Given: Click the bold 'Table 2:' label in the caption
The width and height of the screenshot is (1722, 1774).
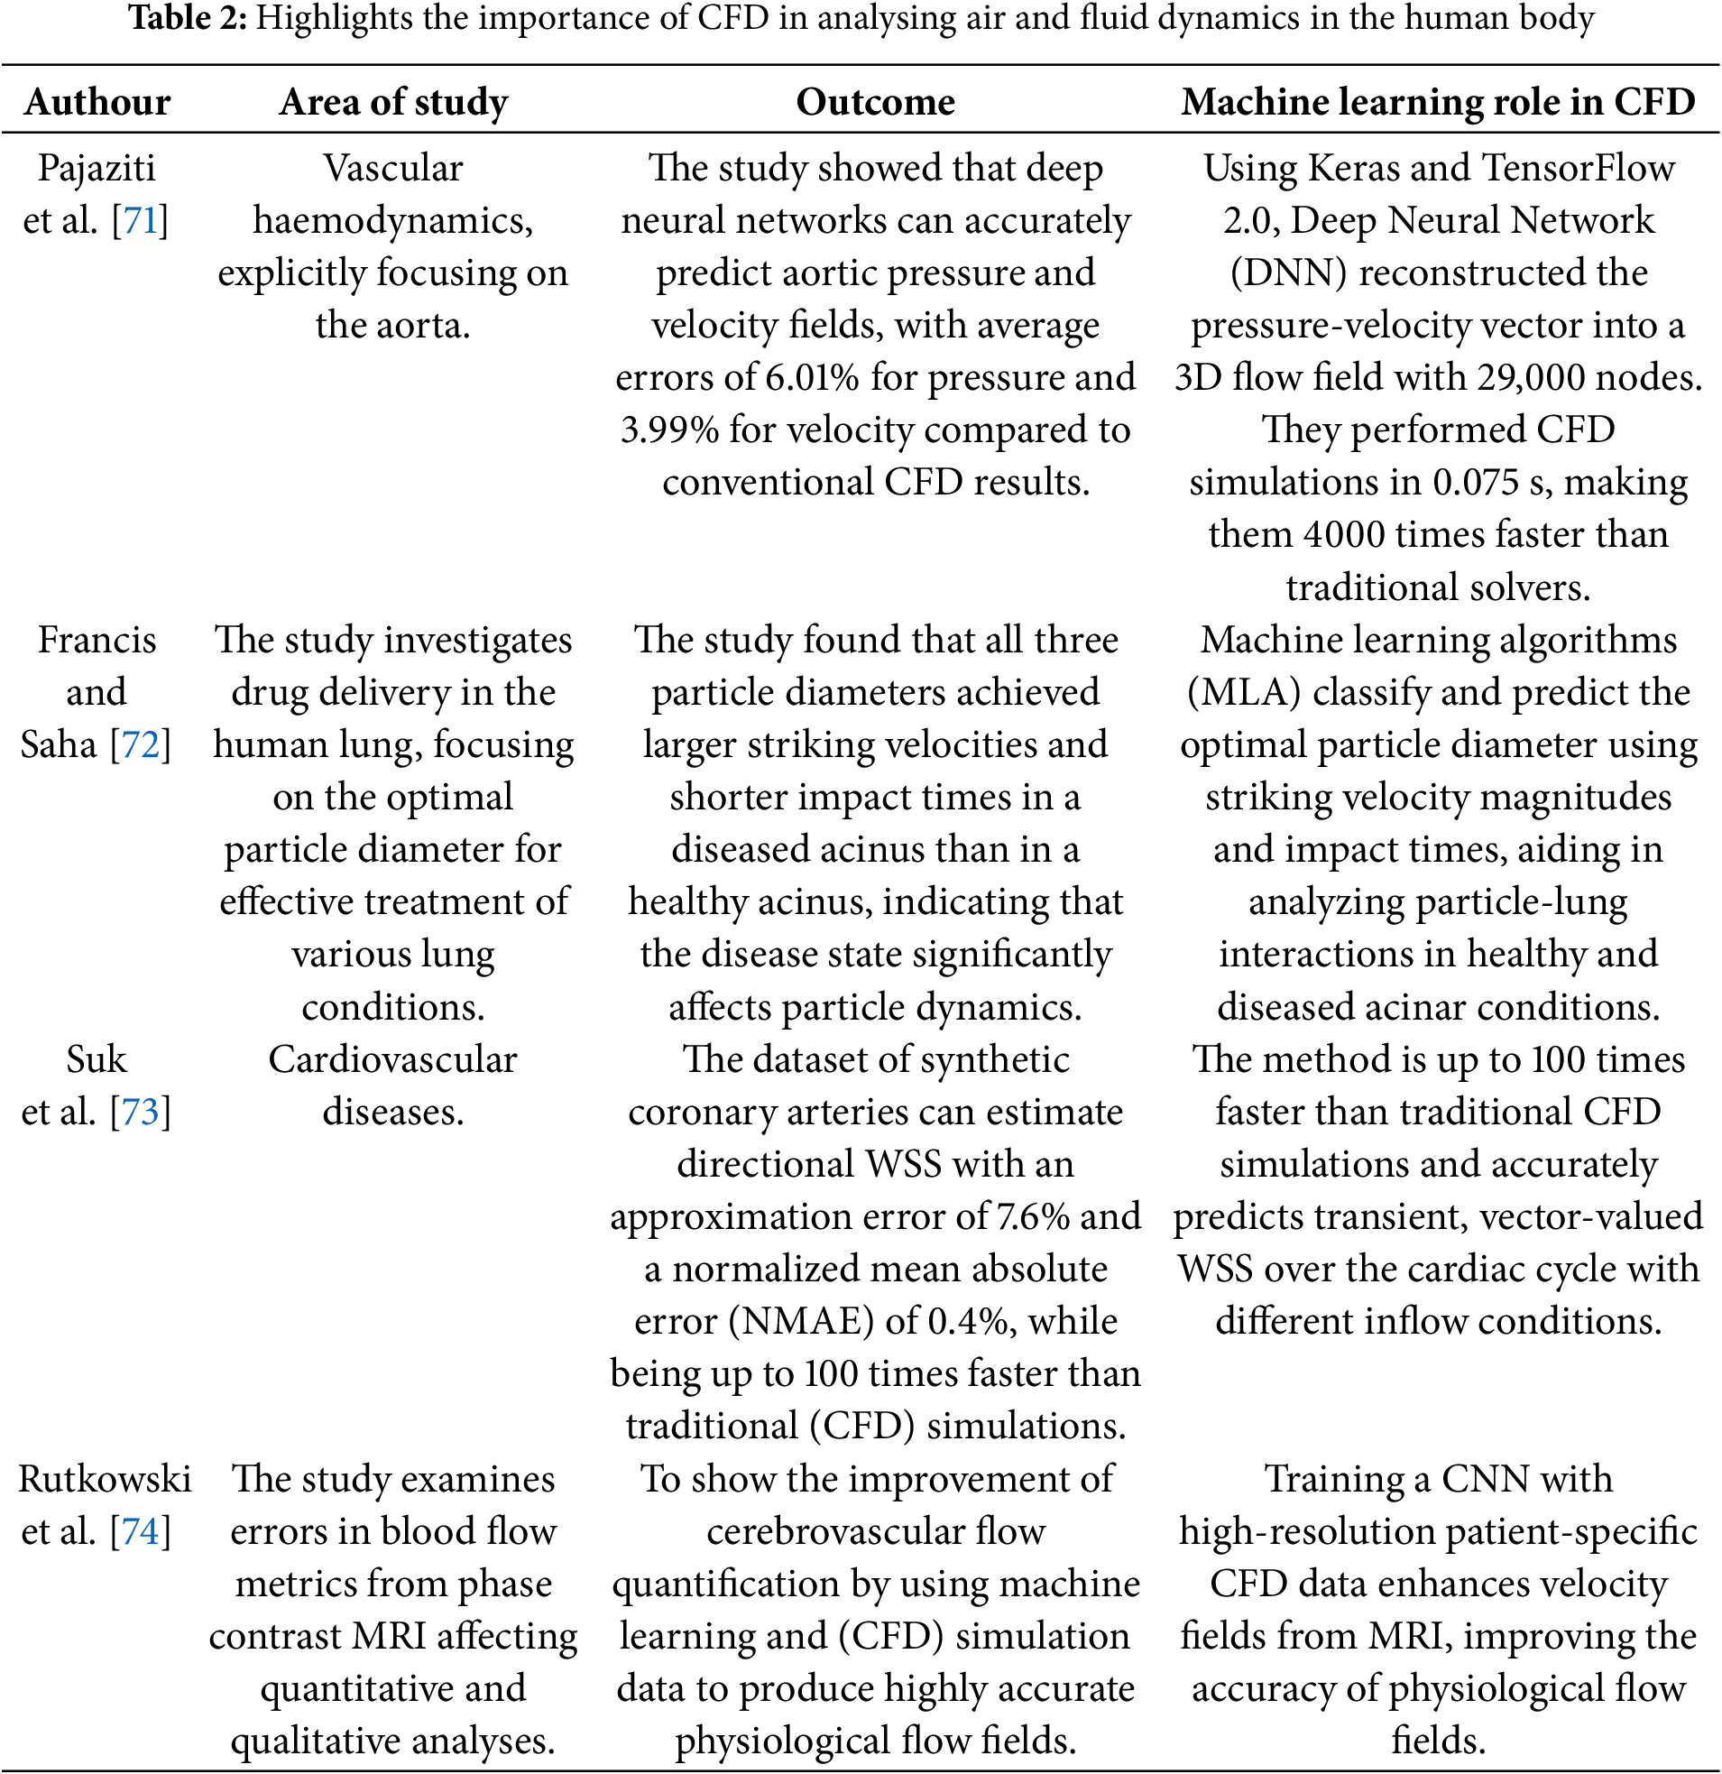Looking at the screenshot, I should [188, 18].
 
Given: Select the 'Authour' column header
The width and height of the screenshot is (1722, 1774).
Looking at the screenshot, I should [97, 102].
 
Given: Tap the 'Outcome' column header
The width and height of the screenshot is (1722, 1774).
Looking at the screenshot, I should [875, 102].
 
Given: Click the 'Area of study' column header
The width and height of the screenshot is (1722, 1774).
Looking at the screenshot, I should [392, 102].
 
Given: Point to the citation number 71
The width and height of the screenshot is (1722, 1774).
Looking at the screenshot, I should [140, 221].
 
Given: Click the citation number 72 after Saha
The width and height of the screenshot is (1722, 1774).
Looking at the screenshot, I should [140, 745].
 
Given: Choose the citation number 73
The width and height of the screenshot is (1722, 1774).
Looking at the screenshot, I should [140, 1113].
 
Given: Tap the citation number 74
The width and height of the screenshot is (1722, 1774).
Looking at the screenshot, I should [140, 1531].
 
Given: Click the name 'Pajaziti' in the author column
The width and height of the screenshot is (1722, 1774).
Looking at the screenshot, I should [97, 170].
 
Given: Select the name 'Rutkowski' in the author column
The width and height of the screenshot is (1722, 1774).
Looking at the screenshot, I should [105, 1479].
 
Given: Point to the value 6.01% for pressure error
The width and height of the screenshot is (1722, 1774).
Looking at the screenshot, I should [812, 378].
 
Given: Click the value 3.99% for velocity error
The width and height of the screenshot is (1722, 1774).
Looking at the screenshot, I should [669, 430].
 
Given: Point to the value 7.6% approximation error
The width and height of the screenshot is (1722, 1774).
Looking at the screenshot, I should [1033, 1217].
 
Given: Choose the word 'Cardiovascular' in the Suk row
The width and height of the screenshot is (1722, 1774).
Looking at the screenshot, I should [392, 1060].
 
